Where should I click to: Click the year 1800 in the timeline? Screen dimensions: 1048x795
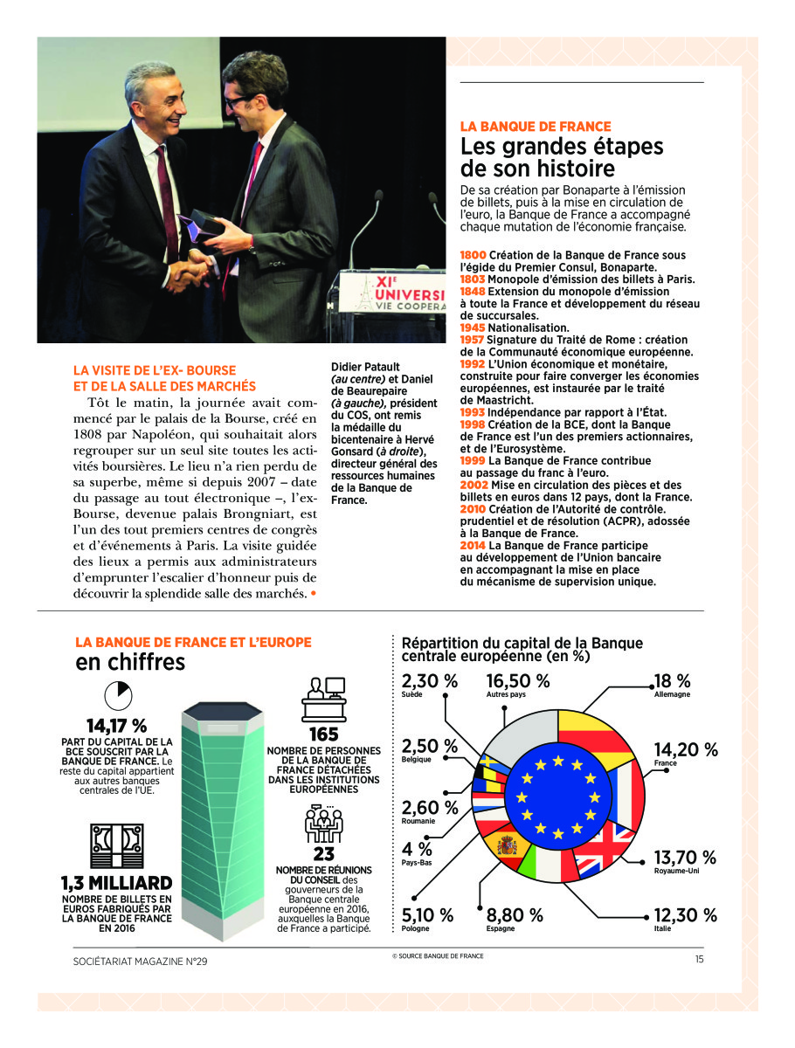click(473, 255)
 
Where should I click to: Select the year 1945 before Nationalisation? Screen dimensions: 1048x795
click(473, 327)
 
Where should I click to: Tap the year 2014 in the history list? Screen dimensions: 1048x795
click(473, 546)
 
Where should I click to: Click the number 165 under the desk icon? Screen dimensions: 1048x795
click(324, 734)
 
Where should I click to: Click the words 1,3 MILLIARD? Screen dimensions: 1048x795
click(116, 884)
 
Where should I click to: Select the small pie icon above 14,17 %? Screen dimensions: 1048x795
click(116, 695)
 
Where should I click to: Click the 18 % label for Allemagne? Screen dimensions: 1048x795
click(673, 680)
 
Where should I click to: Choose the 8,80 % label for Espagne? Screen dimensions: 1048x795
click(515, 915)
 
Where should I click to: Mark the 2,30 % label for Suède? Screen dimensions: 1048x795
click(429, 680)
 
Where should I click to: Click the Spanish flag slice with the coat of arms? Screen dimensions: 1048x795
click(507, 845)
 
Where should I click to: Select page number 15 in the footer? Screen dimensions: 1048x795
click(699, 960)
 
